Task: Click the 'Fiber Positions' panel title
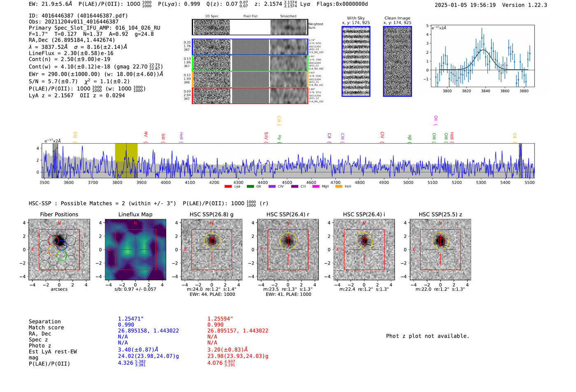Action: [x=59, y=214]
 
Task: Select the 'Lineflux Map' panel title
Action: [x=135, y=214]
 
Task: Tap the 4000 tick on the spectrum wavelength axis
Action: [x=166, y=182]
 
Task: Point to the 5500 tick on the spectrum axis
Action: [x=530, y=182]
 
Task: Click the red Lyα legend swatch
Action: [x=228, y=187]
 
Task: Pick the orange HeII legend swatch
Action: [x=339, y=187]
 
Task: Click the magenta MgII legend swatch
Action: [x=316, y=187]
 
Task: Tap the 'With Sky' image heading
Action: [x=356, y=18]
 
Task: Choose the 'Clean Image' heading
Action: [x=397, y=18]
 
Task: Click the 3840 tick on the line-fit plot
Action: [x=485, y=91]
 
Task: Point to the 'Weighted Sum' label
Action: [x=316, y=26]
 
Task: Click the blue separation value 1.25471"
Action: [x=131, y=319]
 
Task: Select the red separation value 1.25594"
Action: [x=220, y=319]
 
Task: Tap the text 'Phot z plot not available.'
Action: [x=427, y=336]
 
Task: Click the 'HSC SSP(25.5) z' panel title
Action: [x=440, y=214]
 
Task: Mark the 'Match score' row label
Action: [x=46, y=328]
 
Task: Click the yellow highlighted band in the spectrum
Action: [x=126, y=160]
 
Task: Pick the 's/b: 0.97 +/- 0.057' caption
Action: [x=135, y=289]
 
